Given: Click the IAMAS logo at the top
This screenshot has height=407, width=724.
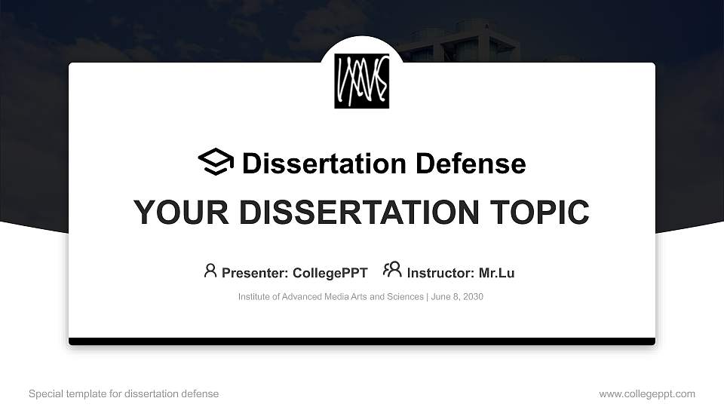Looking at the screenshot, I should [x=362, y=81].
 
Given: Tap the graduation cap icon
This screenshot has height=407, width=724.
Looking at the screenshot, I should [x=216, y=162].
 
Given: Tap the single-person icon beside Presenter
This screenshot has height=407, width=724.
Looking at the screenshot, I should [x=210, y=270].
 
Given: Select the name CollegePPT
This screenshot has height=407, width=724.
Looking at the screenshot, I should [x=330, y=273].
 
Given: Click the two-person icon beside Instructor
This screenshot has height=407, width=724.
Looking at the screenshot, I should [x=392, y=270].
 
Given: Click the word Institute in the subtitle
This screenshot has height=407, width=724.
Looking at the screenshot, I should [x=256, y=297].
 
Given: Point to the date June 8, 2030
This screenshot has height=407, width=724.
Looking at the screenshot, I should [x=458, y=297].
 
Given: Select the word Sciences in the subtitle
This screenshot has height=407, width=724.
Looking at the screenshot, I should [x=407, y=297].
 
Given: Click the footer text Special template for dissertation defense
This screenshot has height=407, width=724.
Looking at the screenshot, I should [x=124, y=393].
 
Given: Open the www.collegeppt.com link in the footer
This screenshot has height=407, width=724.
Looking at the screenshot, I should [x=647, y=393].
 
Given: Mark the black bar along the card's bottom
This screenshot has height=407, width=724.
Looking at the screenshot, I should [x=362, y=341].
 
